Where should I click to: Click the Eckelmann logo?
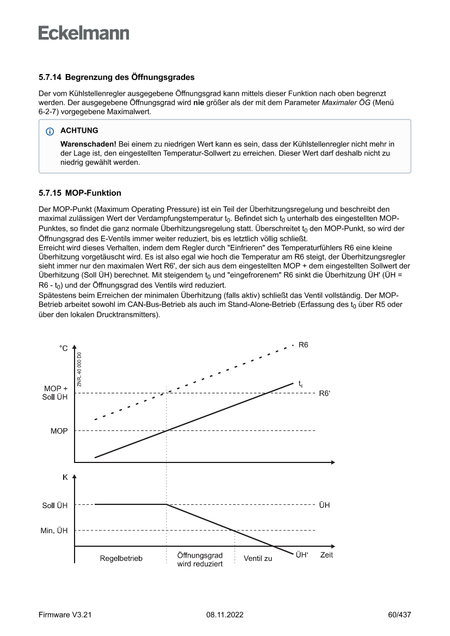pyautogui.click(x=84, y=33)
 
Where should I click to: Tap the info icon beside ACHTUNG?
pyautogui.click(x=51, y=131)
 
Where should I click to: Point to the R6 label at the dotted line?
pyautogui.click(x=304, y=345)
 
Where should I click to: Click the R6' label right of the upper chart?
pyautogui.click(x=324, y=393)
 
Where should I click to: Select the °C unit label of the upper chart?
pyautogui.click(x=64, y=348)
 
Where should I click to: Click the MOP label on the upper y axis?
pyautogui.click(x=59, y=431)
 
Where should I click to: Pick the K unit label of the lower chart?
pyautogui.click(x=65, y=478)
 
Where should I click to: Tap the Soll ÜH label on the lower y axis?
pyautogui.click(x=55, y=505)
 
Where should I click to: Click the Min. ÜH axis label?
pyautogui.click(x=54, y=531)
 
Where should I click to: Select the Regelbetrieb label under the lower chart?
pyautogui.click(x=121, y=559)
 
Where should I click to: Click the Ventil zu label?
pyautogui.click(x=258, y=559)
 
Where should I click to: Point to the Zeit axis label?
pyautogui.click(x=326, y=555)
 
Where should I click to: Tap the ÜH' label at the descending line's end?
pyautogui.click(x=302, y=555)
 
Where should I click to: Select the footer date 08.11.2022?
pyautogui.click(x=225, y=615)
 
